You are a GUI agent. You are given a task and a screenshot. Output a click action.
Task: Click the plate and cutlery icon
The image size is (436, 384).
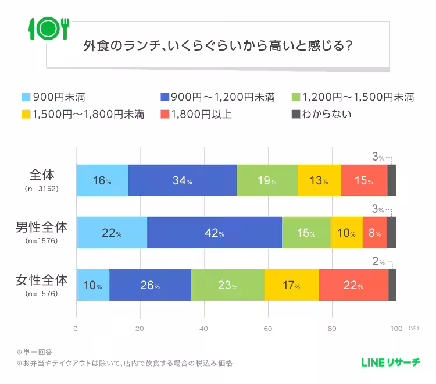(x=48, y=27)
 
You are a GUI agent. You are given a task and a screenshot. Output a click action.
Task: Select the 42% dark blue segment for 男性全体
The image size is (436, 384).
(x=214, y=233)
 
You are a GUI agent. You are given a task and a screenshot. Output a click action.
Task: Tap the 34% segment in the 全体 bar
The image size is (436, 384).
(x=182, y=180)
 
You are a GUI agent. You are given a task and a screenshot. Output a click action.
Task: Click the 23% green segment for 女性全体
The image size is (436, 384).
(x=227, y=286)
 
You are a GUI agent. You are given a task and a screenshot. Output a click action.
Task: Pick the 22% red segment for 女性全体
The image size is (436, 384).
(x=353, y=286)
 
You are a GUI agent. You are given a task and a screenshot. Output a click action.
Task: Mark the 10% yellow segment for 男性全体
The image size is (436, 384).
(x=346, y=233)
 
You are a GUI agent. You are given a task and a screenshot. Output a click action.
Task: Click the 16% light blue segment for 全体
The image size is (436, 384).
(x=102, y=180)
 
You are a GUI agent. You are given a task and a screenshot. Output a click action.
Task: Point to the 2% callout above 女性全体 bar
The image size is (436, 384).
(x=378, y=262)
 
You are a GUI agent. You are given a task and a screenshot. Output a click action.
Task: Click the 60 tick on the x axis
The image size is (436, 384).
(x=268, y=329)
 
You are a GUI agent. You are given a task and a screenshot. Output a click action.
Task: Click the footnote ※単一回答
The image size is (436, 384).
(x=35, y=352)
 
